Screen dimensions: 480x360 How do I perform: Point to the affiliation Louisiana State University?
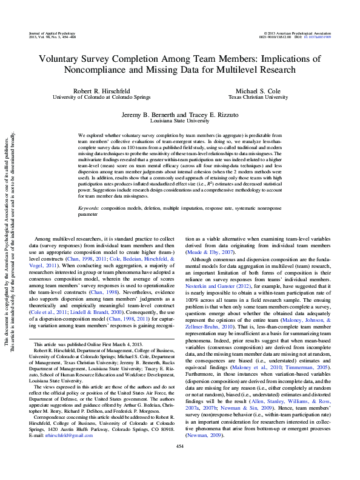(180, 120)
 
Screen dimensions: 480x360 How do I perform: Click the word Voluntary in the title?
(62, 59)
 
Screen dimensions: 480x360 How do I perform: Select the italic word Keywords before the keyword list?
(90, 208)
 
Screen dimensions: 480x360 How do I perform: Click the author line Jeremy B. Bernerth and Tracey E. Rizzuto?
(180, 114)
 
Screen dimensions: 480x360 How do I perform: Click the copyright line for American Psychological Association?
(296, 33)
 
